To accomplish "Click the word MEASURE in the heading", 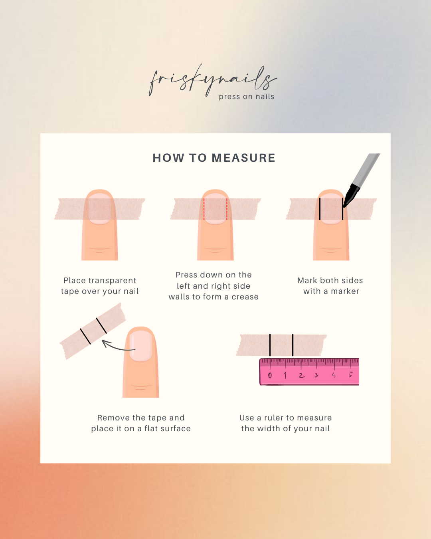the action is coord(243,158).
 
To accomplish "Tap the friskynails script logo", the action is coord(213,81).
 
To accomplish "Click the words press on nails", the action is coord(247,97).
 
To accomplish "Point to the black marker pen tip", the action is coord(345,206).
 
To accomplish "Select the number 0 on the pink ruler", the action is coord(270,375).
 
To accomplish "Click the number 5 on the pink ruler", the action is coord(351,375).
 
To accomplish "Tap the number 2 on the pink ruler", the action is coord(302,375).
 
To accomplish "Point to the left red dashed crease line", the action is coord(204,209).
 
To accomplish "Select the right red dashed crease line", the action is coord(227,209).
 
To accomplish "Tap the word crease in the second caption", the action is coord(245,297).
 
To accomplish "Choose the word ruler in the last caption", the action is coord(274,418).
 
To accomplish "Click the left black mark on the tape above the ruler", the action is coord(270,345).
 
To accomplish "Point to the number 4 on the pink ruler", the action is coord(334,375).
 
